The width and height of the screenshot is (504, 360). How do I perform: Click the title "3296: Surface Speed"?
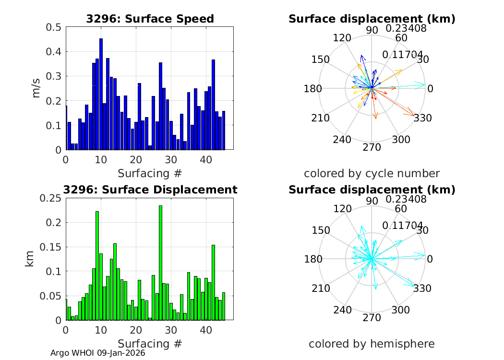150,19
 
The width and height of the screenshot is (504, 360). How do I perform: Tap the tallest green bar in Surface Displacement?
160,263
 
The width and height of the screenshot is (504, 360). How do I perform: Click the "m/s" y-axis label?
36,88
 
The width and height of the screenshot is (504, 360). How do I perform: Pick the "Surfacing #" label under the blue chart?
150,173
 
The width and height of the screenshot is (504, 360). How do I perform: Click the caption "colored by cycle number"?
372,173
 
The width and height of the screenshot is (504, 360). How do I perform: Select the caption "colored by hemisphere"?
372,344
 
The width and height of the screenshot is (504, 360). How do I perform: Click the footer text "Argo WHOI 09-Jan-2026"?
97,353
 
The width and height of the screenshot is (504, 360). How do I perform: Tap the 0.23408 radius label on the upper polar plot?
408,29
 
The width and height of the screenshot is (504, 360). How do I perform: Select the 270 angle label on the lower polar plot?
372,318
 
